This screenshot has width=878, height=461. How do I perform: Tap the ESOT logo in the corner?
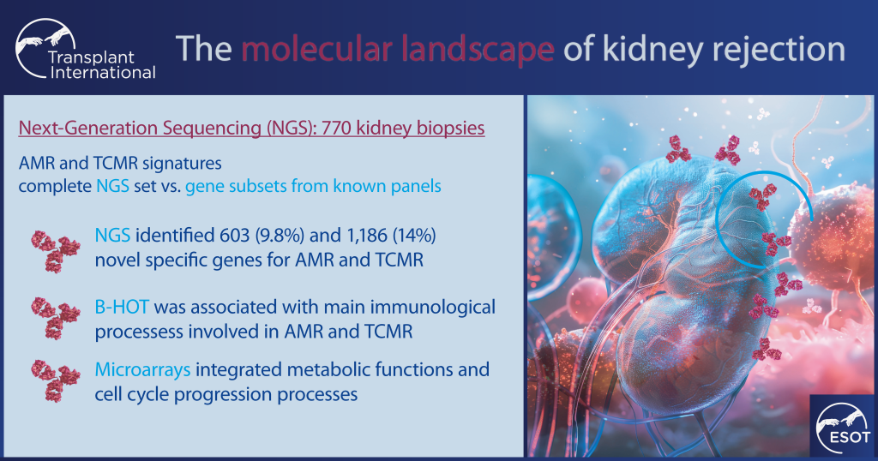[839, 426]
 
